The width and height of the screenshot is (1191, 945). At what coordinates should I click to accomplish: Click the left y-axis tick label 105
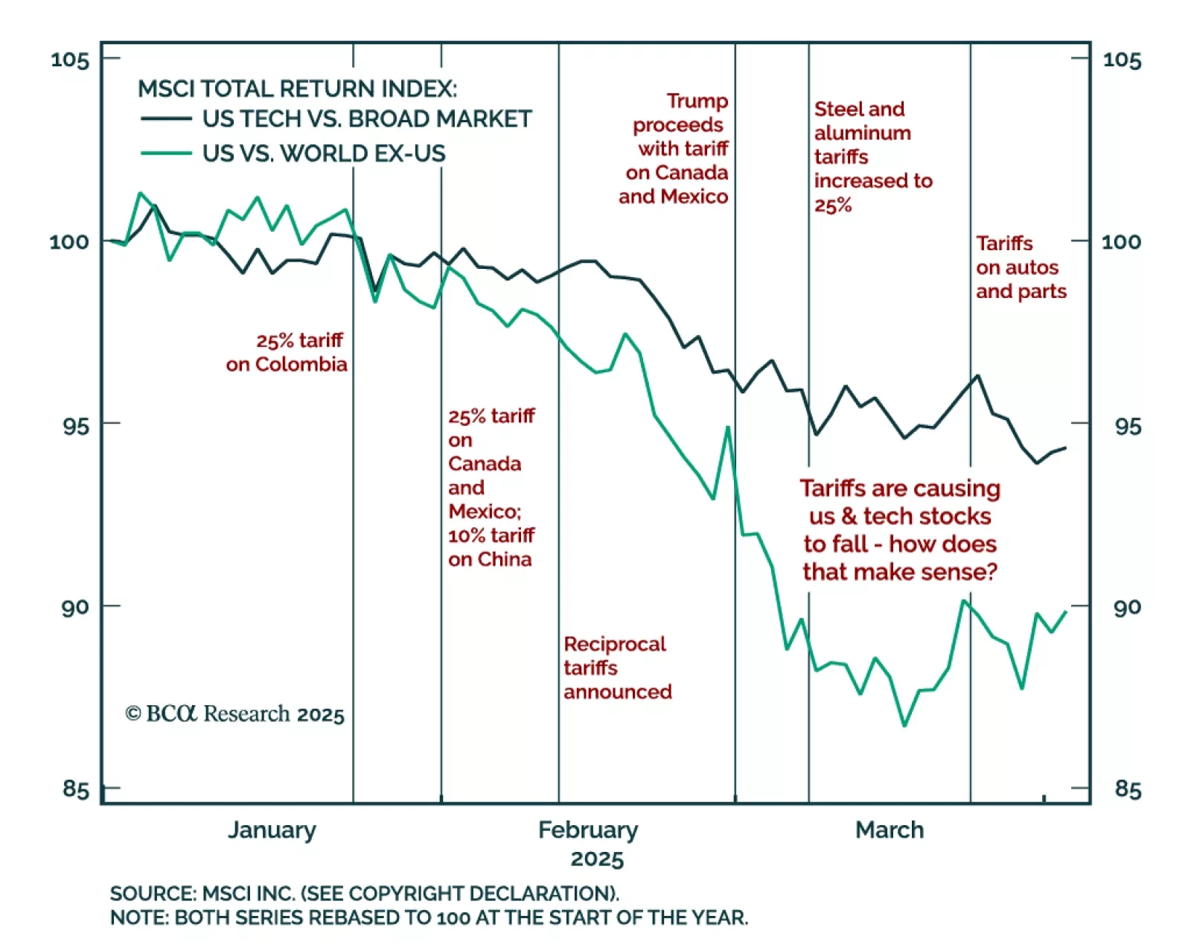tap(70, 59)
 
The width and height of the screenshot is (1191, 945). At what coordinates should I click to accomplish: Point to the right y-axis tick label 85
tap(1126, 789)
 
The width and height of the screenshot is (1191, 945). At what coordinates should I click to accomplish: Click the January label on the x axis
tap(272, 830)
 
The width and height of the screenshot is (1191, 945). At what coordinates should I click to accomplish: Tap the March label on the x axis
tap(890, 830)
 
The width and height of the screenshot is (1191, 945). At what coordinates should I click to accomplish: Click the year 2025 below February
tap(597, 859)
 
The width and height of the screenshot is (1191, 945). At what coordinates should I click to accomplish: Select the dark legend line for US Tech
tap(166, 118)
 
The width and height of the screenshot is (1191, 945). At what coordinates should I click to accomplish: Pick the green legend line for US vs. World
tap(166, 153)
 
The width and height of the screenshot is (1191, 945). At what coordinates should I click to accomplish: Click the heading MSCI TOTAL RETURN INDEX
tap(297, 89)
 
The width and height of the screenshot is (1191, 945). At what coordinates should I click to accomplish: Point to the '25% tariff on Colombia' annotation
tap(287, 352)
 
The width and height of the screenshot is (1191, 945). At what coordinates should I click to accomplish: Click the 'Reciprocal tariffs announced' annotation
tap(617, 667)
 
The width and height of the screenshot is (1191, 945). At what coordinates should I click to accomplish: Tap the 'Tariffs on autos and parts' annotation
tap(1021, 267)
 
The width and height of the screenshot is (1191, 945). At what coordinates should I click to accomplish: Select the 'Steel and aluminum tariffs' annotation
tap(872, 156)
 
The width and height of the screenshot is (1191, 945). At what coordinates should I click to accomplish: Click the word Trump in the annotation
tap(697, 101)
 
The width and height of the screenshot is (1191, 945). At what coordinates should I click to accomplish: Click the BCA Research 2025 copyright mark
tap(234, 713)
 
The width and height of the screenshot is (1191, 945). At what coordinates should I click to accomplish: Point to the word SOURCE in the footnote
tap(152, 893)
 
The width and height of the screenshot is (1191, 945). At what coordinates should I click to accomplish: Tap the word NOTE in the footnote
tap(138, 917)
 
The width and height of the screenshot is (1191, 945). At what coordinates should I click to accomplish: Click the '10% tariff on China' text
tap(491, 547)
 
